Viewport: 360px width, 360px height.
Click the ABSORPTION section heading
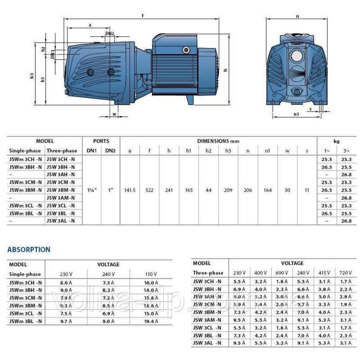tap(29, 249)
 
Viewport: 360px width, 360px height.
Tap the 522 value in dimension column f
tap(149, 190)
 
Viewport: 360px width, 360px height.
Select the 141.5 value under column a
tap(130, 190)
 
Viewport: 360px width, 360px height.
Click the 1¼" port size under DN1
tap(91, 190)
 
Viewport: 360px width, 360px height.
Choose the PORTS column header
tap(101, 141)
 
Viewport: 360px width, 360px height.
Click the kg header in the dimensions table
tap(337, 141)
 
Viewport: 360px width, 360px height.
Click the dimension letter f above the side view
tap(143, 16)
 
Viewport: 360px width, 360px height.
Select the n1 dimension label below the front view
tap(297, 114)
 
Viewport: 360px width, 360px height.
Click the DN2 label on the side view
tap(110, 34)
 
